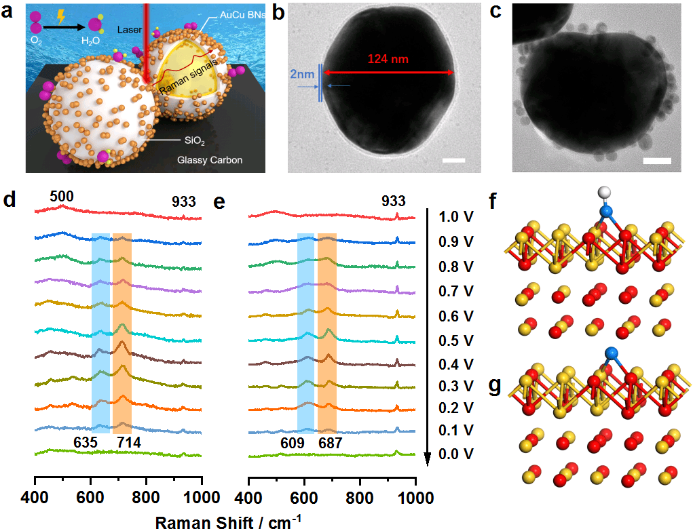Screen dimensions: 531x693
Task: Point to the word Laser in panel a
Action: tap(128, 29)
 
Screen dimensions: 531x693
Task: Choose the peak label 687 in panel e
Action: tap(329, 444)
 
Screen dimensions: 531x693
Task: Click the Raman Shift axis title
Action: tap(223, 522)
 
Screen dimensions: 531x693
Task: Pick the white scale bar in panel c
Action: tap(657, 161)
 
